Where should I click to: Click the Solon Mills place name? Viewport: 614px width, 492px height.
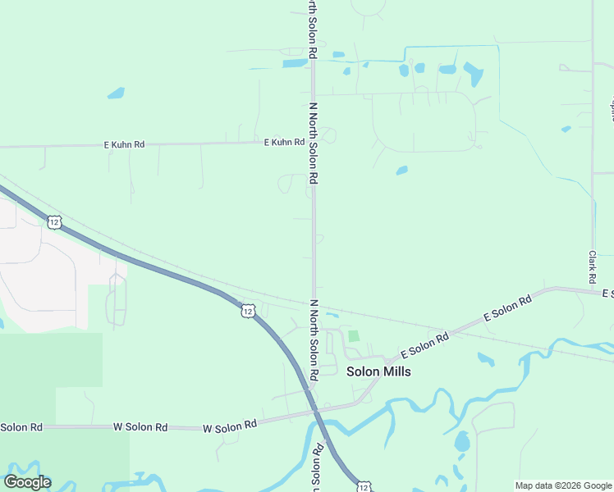tap(378, 371)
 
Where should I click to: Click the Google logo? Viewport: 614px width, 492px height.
tap(27, 482)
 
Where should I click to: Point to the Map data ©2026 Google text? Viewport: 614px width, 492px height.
tap(563, 485)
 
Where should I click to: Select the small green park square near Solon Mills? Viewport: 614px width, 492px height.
tap(354, 336)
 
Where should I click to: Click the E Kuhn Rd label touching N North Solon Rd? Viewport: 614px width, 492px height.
tap(283, 143)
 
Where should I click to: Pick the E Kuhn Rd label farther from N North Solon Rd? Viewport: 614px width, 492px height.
tap(124, 144)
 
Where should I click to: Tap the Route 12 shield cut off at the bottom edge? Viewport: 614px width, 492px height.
tap(363, 486)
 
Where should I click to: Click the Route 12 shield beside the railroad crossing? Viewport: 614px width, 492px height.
tap(247, 310)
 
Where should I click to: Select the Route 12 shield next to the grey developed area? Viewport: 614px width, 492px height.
tap(53, 222)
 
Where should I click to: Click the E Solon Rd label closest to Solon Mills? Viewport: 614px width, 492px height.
tap(424, 345)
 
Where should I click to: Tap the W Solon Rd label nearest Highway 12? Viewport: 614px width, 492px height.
tap(230, 425)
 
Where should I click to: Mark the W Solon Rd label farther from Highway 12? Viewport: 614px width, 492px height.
tap(140, 427)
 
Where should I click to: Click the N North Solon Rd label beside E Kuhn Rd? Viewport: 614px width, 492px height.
tap(313, 143)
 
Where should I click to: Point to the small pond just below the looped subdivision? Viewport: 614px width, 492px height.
tap(401, 171)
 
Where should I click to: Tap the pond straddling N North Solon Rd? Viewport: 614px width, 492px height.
tap(296, 62)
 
